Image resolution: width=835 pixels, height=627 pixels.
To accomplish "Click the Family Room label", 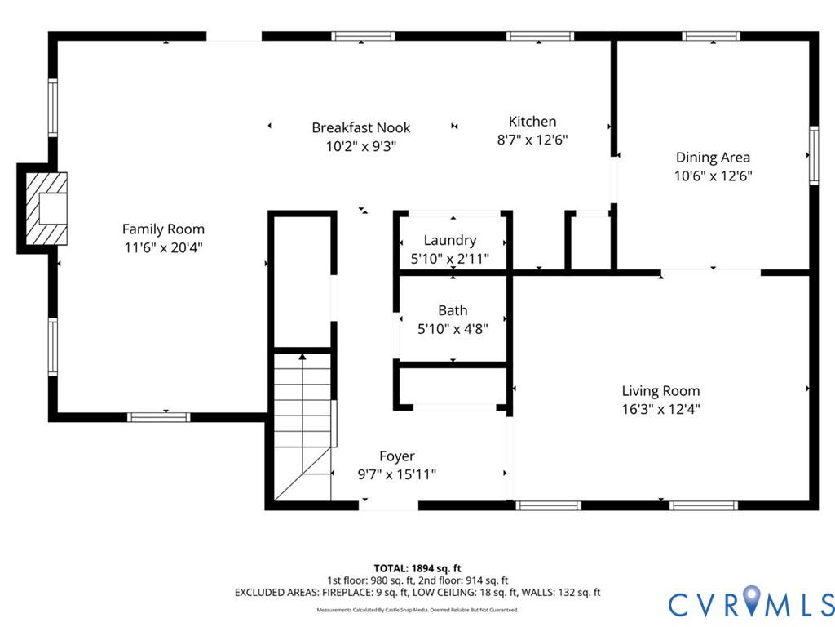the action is [x=163, y=229].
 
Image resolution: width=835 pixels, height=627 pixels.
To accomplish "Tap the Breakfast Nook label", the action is [x=361, y=128].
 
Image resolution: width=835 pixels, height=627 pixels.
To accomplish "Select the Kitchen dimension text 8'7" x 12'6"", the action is [x=532, y=140].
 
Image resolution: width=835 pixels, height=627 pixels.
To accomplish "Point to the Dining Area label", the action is [x=713, y=158].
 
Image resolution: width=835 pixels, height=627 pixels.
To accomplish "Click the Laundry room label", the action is [x=450, y=241].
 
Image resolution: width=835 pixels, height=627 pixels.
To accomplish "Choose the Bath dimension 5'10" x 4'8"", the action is [x=453, y=329].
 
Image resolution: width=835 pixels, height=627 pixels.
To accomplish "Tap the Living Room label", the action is [x=660, y=391].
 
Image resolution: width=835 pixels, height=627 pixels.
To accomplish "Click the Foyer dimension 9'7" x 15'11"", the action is [x=397, y=474].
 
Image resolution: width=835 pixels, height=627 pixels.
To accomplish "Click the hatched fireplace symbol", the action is [x=46, y=208].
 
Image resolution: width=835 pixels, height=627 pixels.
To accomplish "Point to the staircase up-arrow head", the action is [x=303, y=356].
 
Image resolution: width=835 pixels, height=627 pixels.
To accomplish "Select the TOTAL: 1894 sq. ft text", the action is [x=417, y=568].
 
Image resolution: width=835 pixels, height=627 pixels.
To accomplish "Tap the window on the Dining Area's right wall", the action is [x=814, y=156].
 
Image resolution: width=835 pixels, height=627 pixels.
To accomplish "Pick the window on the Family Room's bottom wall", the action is [x=159, y=417].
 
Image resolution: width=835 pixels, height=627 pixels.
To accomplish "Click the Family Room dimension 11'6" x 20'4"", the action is [x=163, y=248].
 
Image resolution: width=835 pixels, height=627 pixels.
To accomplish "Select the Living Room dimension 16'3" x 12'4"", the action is [x=660, y=410].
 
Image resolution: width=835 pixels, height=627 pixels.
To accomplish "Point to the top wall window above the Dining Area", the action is [x=711, y=36].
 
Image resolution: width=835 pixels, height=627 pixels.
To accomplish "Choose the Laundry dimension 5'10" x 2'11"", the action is [x=450, y=259].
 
